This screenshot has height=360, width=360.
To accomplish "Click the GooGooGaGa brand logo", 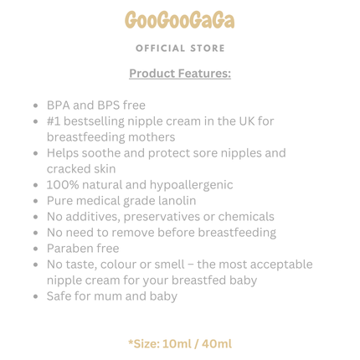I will click(180, 20).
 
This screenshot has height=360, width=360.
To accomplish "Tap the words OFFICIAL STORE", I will click(180, 49).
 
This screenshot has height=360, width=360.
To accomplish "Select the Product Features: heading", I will click(180, 74).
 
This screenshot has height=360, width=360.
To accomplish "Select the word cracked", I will click(69, 169).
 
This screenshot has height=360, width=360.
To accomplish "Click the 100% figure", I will click(63, 185).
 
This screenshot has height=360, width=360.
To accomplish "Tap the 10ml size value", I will click(177, 343).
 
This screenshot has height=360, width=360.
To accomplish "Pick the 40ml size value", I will click(216, 343).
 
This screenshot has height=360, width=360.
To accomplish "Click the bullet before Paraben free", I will click(34, 249).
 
